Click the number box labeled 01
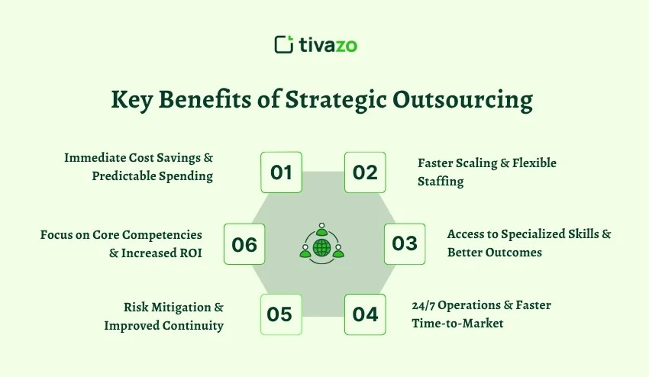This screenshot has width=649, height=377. click(x=281, y=172)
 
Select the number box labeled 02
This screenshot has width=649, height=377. click(x=365, y=172)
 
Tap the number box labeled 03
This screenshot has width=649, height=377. click(x=404, y=243)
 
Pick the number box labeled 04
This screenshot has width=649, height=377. click(x=365, y=314)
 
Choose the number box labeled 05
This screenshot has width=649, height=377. click(x=281, y=314)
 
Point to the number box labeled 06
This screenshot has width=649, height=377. click(x=244, y=244)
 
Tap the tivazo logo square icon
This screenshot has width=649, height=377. click(x=283, y=44)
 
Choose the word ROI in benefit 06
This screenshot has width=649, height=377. click(x=190, y=253)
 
